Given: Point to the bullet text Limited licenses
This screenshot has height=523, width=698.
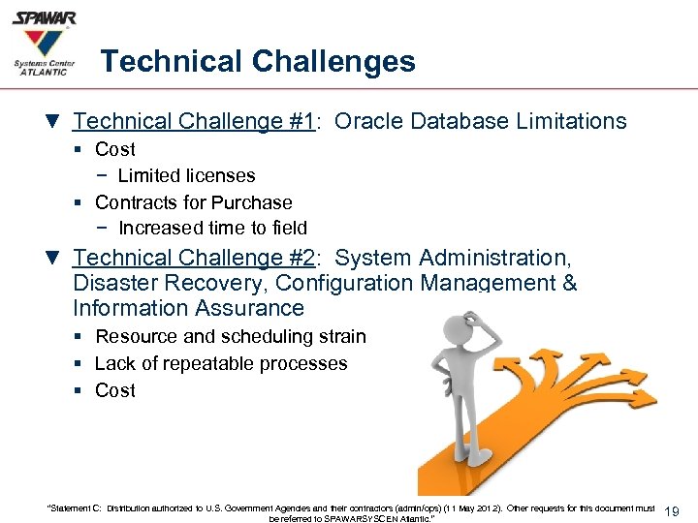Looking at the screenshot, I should pyautogui.click(x=186, y=175).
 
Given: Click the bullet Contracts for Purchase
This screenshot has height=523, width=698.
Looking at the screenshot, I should pyautogui.click(x=193, y=202).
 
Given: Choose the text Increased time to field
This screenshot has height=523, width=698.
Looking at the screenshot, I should pyautogui.click(x=212, y=229).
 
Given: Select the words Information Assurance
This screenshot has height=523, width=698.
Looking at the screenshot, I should pyautogui.click(x=188, y=308).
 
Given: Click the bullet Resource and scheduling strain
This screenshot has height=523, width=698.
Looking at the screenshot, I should pyautogui.click(x=231, y=336).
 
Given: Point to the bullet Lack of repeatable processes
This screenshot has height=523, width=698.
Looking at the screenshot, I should pyautogui.click(x=221, y=363).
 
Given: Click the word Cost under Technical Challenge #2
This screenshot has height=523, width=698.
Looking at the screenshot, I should pyautogui.click(x=115, y=390).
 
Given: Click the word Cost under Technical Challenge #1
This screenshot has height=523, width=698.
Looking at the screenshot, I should pyautogui.click(x=115, y=149).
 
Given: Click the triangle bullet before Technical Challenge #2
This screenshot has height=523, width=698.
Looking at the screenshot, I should pyautogui.click(x=51, y=259).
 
